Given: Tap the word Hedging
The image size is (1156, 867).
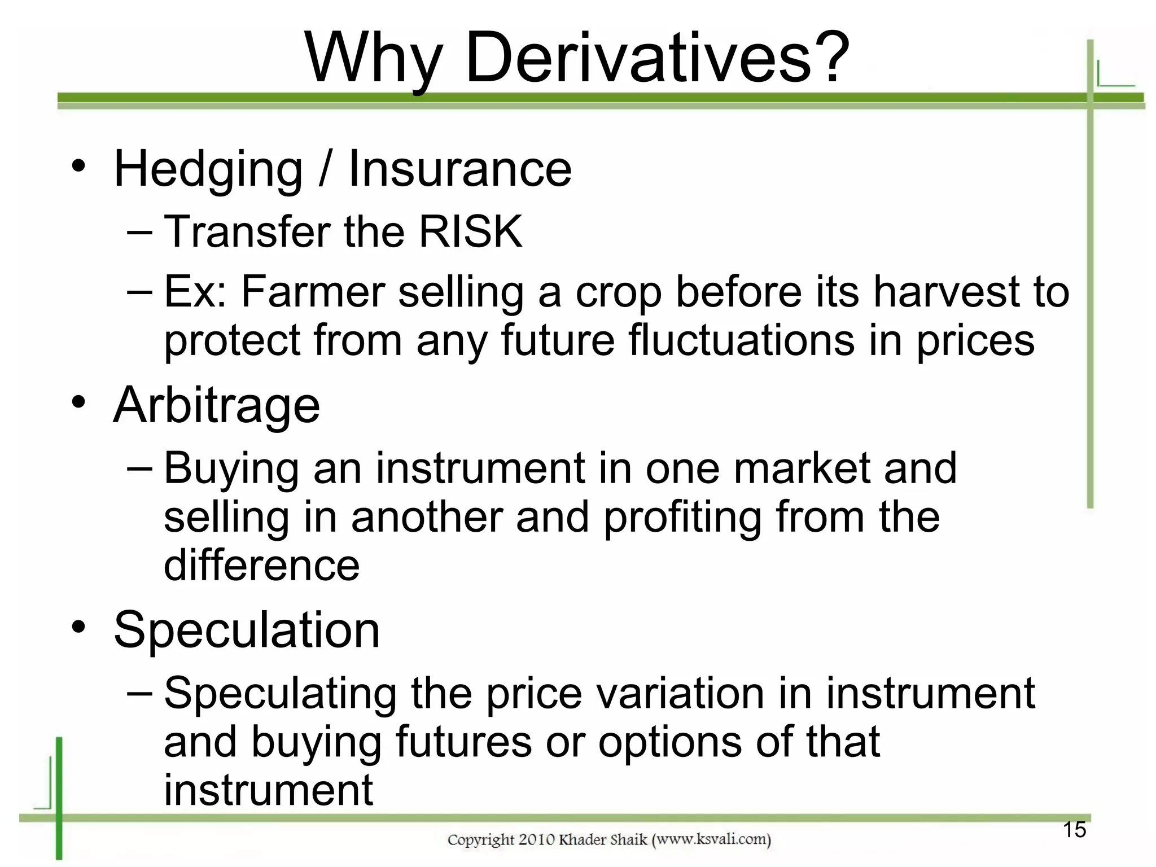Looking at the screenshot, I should pos(208,170).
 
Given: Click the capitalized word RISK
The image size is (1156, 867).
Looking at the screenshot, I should pos(470,231).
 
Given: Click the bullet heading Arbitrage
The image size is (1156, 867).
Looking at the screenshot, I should pos(217,406).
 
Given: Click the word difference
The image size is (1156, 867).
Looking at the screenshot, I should pos(261,565).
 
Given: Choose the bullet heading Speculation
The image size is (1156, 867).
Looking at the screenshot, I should pos(247,630).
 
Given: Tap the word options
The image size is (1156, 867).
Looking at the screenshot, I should pos(670,742).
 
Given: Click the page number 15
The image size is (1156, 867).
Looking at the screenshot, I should pos(1074,830).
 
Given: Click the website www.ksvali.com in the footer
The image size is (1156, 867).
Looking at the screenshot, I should pos(711,839).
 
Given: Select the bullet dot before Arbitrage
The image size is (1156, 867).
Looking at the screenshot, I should pos(79,402).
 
